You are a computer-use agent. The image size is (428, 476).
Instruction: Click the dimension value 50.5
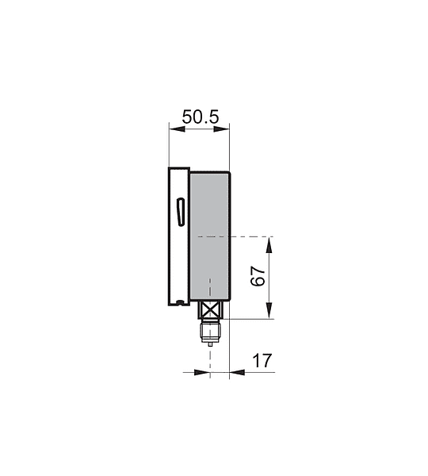point(201,117)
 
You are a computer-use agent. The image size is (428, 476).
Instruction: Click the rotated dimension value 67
point(258,276)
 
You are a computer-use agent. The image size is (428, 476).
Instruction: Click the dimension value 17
point(262,361)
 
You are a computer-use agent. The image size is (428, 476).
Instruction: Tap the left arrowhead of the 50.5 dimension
point(177,129)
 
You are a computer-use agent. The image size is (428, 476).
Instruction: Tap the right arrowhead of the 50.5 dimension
point(222,129)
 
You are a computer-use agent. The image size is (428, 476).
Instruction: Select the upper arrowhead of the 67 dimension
point(269,244)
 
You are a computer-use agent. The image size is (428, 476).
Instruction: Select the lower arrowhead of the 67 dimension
point(269,310)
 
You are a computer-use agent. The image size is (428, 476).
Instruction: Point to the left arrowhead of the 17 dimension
point(202,372)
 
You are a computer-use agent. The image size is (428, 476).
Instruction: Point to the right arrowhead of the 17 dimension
point(237,372)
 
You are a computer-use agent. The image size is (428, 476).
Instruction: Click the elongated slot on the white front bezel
point(181,212)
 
